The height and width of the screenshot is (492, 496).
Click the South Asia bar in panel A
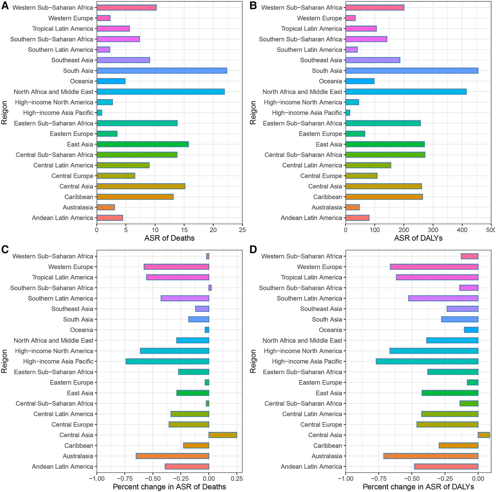(162, 71)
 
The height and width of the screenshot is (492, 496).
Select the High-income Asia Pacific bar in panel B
(348, 113)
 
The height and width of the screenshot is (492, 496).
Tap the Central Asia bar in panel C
(223, 435)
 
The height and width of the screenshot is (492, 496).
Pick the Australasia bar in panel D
(431, 456)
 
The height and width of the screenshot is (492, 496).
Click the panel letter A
(5, 6)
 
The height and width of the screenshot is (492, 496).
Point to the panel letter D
(253, 249)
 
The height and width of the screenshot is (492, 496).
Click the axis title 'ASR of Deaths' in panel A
(169, 238)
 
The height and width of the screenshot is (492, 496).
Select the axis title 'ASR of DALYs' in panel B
(418, 238)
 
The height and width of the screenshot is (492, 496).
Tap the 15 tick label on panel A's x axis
(184, 230)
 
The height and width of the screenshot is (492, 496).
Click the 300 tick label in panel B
(433, 230)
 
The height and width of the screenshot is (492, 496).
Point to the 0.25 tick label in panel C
(237, 478)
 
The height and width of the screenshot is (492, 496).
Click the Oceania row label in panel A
(81, 81)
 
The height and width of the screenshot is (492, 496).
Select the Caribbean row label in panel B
(327, 197)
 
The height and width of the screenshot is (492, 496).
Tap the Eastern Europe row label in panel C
(72, 382)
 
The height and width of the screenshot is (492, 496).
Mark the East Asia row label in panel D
(329, 393)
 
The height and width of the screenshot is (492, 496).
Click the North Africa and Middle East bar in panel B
(406, 92)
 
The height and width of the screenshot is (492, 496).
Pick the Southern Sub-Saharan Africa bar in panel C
(210, 288)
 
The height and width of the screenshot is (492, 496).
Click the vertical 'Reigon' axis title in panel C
(4, 361)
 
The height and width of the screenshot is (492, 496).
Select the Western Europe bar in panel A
(103, 18)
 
